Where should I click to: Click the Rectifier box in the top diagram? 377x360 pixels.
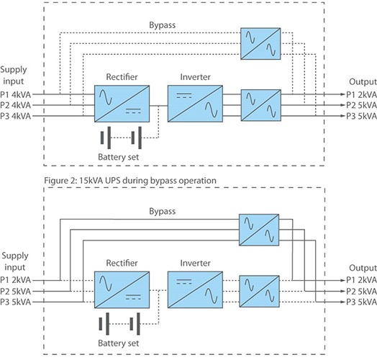click(122, 104)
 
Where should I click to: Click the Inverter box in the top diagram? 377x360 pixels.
click(195, 104)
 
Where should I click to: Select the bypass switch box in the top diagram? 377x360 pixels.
click(260, 43)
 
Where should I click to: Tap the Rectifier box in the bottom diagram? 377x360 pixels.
click(122, 289)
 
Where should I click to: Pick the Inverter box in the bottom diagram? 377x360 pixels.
click(195, 289)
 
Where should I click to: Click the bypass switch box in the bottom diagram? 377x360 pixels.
click(259, 230)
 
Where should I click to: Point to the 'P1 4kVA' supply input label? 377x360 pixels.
click(16, 94)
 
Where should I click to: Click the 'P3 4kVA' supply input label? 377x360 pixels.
click(16, 116)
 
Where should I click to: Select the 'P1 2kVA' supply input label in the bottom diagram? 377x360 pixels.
click(16, 280)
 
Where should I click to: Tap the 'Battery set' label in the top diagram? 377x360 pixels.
click(119, 157)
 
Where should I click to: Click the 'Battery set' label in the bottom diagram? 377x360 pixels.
click(119, 343)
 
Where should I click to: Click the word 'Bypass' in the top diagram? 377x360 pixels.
click(163, 25)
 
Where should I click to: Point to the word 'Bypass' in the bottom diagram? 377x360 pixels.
click(163, 211)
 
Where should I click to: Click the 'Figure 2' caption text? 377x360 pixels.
click(130, 181)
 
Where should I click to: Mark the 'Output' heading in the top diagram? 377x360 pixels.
click(363, 82)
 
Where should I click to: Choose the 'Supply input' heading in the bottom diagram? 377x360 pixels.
click(15, 261)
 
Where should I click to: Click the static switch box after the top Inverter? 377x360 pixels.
click(261, 105)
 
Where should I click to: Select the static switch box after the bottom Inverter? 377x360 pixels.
click(260, 292)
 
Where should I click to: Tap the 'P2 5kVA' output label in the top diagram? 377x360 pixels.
click(361, 105)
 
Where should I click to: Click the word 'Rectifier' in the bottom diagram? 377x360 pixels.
click(122, 263)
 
